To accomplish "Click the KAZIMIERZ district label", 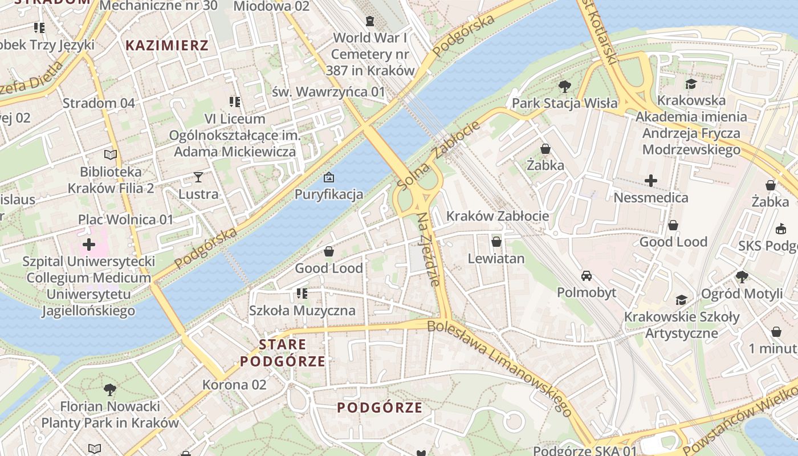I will tap(167, 46).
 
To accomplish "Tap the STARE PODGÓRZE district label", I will tap(283, 353).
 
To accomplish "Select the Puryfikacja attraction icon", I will tap(328, 178).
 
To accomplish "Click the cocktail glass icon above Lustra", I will tap(198, 177).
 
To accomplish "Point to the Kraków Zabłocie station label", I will tap(498, 216).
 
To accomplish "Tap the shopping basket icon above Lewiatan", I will tap(496, 242).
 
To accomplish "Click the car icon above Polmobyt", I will tap(586, 276).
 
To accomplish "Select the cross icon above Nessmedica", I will tap(650, 181).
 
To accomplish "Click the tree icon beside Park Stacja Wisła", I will tap(564, 87).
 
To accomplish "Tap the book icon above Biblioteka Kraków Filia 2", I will tap(111, 154).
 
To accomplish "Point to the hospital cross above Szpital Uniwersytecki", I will tap(89, 245).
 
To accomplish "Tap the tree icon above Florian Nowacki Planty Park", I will tap(110, 390).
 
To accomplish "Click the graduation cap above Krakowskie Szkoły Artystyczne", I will tap(681, 300).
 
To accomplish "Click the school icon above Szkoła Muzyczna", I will tap(302, 294).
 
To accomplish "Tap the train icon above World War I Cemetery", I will tap(370, 21).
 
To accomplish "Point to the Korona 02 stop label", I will tap(234, 385).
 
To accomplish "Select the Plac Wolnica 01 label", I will tap(125, 219).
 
